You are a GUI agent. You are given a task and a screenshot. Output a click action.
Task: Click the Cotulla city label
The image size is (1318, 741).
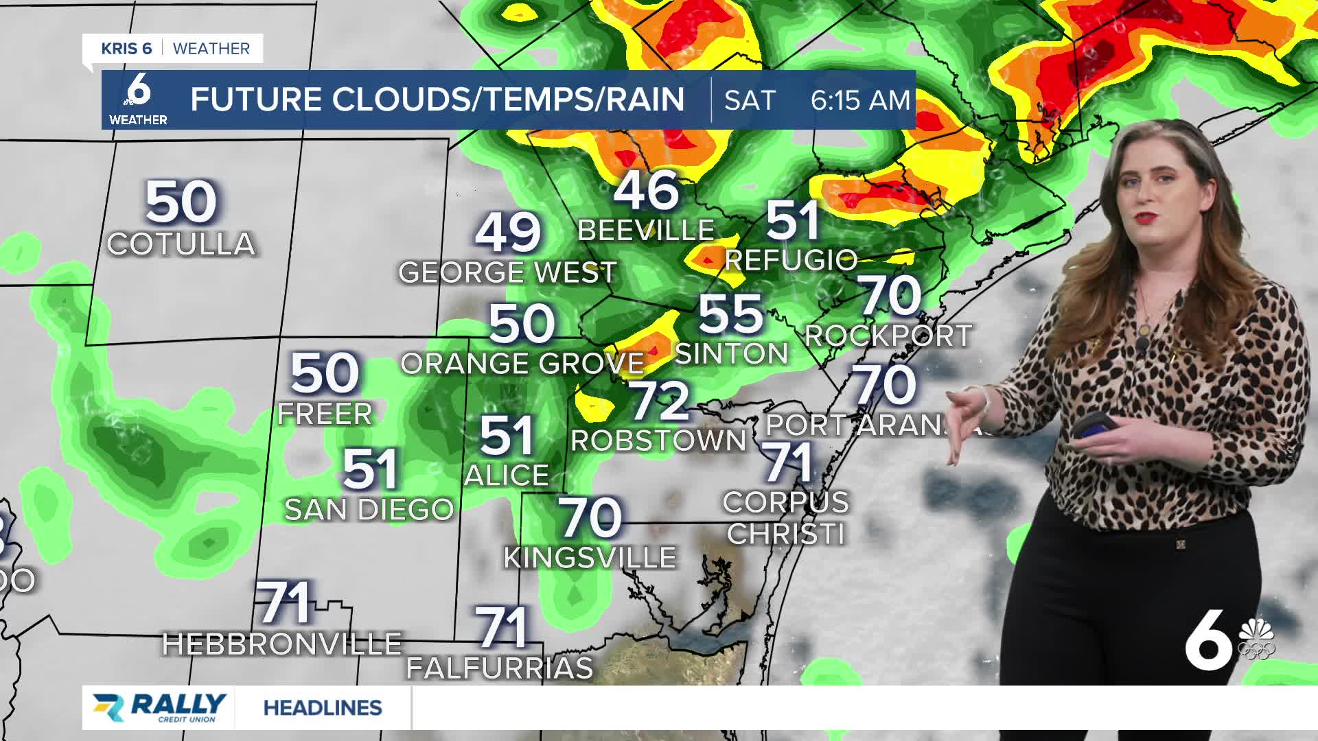pos(181,244)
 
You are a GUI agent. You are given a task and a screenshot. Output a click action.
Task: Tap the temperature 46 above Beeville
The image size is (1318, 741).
pos(646,191)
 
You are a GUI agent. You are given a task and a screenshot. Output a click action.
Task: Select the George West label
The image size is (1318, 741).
pos(507,272)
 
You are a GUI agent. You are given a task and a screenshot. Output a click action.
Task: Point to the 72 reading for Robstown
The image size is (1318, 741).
pos(659,401)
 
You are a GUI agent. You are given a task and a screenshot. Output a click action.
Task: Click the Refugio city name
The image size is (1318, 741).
pos(791,260)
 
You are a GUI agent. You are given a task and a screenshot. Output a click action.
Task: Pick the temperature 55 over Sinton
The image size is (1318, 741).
pos(730,314)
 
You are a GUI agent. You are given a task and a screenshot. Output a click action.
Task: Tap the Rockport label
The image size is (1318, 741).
pos(888,336)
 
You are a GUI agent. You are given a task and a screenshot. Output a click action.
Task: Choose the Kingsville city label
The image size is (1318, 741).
pos(590,558)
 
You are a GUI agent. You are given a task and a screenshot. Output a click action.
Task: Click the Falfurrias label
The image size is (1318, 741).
pos(500,668)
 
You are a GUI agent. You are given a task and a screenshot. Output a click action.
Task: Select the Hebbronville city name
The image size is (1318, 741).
pos(281,644)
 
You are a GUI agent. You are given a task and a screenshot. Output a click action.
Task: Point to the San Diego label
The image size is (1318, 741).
pos(369,510)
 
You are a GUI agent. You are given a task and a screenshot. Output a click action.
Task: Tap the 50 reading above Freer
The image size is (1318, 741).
pos(325,373)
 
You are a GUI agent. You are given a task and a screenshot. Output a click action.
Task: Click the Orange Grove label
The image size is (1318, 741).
pos(522,364)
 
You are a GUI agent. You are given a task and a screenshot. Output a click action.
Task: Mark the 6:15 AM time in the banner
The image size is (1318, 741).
pos(860,100)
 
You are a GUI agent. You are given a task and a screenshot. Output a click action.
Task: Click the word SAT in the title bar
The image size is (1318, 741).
pos(749,100)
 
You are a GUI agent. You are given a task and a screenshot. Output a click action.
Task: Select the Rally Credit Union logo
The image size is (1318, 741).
pos(159,707)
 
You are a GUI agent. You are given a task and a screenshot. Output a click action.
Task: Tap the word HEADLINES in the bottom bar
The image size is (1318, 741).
pos(323,707)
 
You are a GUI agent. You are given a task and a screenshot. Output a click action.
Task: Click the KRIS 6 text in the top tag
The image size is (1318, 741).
pos(126,49)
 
